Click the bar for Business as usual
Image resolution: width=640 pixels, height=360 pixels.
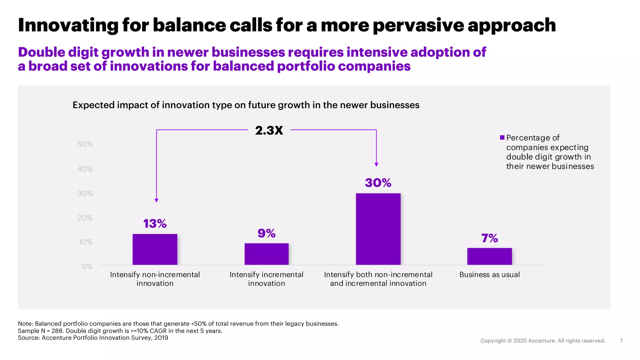tap(489, 256)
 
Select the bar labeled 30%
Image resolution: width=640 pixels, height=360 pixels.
tap(378, 229)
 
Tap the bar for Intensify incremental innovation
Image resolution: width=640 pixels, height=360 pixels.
tap(267, 254)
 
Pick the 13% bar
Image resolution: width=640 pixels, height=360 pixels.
tap(155, 249)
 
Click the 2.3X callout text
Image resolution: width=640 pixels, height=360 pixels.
tap(269, 130)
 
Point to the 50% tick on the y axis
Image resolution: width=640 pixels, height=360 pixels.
tap(85, 144)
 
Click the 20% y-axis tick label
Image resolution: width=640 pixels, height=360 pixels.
tap(85, 218)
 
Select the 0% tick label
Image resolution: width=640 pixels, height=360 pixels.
tap(87, 267)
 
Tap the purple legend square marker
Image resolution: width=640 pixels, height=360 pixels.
tap(502, 137)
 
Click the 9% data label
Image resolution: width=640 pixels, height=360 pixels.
tap(267, 233)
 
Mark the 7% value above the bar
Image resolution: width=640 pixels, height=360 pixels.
tap(489, 238)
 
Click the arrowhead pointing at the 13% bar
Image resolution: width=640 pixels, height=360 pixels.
tap(157, 200)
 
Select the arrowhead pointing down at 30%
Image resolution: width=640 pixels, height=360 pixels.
tap(376, 164)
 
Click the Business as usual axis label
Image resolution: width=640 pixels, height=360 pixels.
tap(489, 275)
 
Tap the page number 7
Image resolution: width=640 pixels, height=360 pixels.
tap(621, 341)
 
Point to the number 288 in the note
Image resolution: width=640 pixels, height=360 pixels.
tap(57, 331)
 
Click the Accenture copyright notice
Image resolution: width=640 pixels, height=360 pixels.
tap(542, 341)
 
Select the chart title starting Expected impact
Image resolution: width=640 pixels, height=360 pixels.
tap(246, 105)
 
